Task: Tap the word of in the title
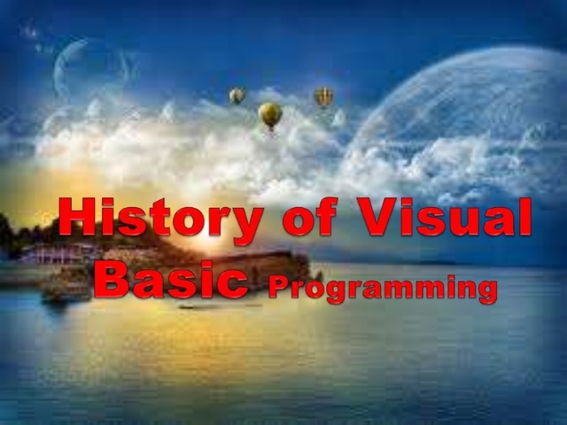(x=309, y=219)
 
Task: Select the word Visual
(x=448, y=218)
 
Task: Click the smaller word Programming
(x=382, y=288)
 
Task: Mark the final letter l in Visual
(x=524, y=216)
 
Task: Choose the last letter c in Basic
(x=231, y=282)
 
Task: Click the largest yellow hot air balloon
(x=270, y=113)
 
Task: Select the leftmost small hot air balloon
(x=237, y=95)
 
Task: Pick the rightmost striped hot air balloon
(x=324, y=96)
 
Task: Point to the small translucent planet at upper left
(x=89, y=71)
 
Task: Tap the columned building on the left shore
(x=49, y=254)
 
